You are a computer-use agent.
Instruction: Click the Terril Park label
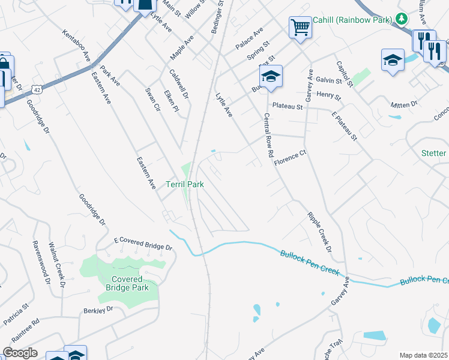click(x=185, y=185)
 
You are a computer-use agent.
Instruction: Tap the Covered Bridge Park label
click(x=127, y=283)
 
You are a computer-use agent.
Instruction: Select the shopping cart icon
click(x=300, y=26)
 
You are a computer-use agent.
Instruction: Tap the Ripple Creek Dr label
click(x=319, y=232)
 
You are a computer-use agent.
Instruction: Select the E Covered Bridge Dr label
click(x=144, y=244)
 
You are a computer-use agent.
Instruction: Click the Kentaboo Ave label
click(x=75, y=45)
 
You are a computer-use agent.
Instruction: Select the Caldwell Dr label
click(x=178, y=85)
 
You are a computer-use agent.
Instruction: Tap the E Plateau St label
click(x=344, y=126)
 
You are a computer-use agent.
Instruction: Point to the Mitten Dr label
click(x=403, y=104)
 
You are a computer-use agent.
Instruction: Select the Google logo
click(x=20, y=353)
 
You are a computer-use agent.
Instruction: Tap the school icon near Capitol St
click(x=393, y=60)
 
